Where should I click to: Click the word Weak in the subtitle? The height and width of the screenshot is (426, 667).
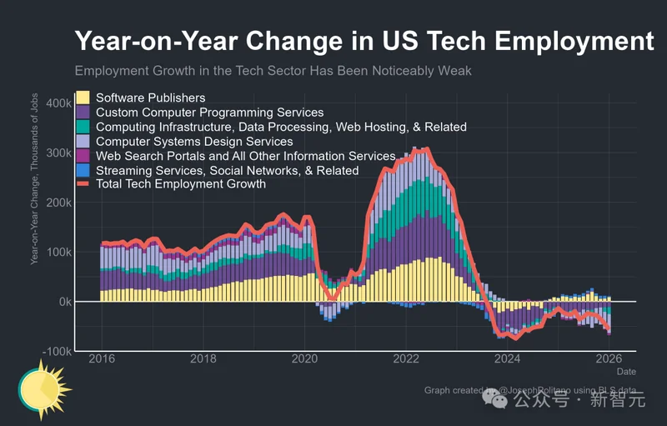click(x=454, y=71)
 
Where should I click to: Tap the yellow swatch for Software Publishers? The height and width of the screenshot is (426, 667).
click(x=83, y=98)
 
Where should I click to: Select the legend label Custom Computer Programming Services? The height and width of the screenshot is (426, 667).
click(x=209, y=113)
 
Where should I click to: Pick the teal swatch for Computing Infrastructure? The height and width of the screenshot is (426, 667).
click(x=83, y=127)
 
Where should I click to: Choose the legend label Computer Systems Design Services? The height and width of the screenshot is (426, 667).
click(x=194, y=142)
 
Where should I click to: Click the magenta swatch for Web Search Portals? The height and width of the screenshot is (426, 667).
click(x=83, y=156)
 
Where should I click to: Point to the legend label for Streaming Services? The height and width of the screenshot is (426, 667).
click(x=227, y=170)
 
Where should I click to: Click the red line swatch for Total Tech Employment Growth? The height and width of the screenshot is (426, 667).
click(x=83, y=184)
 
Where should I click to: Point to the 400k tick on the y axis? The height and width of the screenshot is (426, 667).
click(x=58, y=103)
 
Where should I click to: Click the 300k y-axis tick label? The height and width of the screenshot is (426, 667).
click(x=58, y=153)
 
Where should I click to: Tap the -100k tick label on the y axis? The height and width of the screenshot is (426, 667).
click(x=57, y=351)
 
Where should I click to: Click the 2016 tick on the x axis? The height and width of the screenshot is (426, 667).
click(x=102, y=358)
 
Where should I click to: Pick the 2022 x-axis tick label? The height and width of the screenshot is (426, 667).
click(x=406, y=358)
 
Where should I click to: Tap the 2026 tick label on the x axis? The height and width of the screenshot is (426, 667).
click(x=609, y=358)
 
